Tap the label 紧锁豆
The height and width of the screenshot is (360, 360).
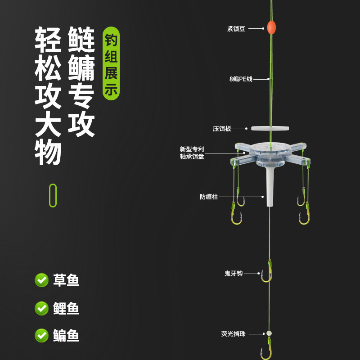tap(236, 29)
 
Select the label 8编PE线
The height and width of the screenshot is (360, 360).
tap(241, 79)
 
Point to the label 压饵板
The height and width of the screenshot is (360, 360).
tap(222, 129)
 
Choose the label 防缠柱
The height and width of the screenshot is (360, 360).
tap(209, 197)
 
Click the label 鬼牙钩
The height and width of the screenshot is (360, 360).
tap(234, 273)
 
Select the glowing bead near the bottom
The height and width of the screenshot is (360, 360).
tap(269, 333)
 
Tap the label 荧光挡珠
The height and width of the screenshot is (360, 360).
tap(233, 334)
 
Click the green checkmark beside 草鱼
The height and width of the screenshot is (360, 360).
tap(42, 280)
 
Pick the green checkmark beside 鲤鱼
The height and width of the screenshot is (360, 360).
tap(42, 308)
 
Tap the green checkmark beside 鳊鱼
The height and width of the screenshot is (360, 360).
tap(42, 335)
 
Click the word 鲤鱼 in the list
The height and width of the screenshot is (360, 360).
tap(66, 308)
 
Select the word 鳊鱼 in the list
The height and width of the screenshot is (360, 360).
tap(66, 335)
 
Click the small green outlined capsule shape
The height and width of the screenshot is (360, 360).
tap(53, 195)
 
